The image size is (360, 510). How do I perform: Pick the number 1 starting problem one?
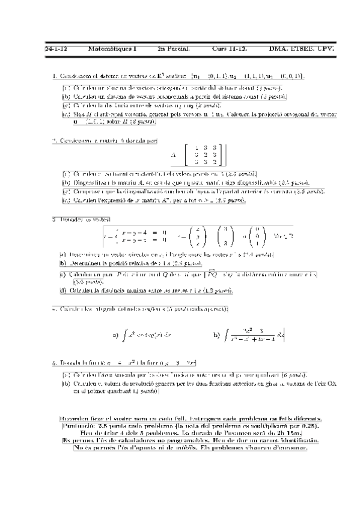point(54,76)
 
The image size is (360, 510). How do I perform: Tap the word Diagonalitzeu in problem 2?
point(90,183)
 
